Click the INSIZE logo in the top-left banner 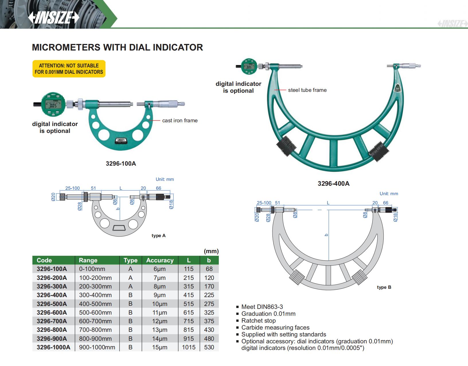point(54,18)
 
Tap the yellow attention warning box point(69,69)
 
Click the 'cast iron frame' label point(180,121)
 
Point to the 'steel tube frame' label point(307,90)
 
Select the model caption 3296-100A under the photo point(121,164)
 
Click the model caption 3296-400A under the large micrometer point(334,184)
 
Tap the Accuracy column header point(160,260)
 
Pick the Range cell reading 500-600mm point(95,312)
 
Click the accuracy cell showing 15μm point(159,347)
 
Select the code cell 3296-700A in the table point(52,321)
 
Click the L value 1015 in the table point(189,347)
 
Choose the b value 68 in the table point(209,269)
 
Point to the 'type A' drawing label point(159,236)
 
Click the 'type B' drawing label point(384,287)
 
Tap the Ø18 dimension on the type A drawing point(171,204)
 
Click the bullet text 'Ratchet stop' point(258,321)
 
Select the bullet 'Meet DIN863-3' point(262,307)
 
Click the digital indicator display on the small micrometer point(53,105)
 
